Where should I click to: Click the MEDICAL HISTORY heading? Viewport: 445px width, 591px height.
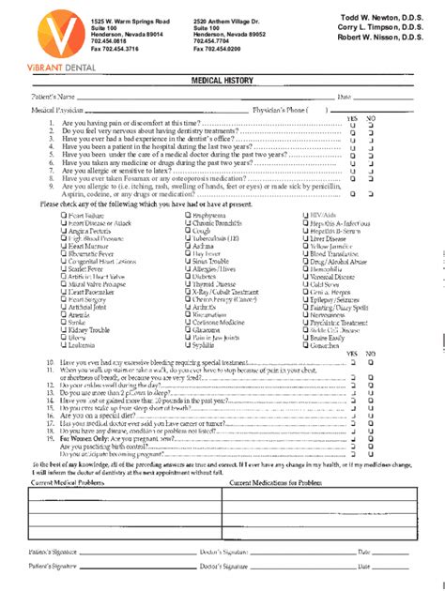[x=222, y=82]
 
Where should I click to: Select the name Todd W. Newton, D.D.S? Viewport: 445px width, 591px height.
[x=373, y=19]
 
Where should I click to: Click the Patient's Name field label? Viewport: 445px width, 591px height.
[x=54, y=97]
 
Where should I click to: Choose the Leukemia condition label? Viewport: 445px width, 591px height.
[x=82, y=371]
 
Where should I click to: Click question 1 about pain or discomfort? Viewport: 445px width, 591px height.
[x=145, y=123]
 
